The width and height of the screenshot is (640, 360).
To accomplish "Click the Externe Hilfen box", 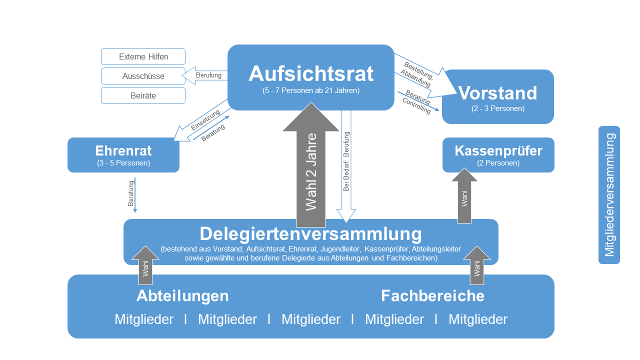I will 143,56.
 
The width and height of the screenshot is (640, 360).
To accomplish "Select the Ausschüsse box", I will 143,76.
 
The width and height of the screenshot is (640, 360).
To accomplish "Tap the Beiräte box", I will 143,95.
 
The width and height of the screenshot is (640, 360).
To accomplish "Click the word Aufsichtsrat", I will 310,73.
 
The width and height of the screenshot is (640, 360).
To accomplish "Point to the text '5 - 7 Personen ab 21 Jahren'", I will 310,91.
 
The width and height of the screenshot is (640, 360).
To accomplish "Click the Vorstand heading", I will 497,93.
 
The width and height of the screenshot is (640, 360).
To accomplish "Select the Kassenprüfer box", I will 498,155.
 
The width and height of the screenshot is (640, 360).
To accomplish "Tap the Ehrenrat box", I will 123,155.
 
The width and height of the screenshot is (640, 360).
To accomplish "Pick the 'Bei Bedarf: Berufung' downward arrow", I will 346,165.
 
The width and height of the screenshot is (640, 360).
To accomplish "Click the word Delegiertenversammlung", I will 310,234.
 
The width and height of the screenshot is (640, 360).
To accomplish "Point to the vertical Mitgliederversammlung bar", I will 609,195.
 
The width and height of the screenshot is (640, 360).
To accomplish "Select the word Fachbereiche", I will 432,295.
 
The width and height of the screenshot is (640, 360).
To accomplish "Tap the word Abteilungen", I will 182,295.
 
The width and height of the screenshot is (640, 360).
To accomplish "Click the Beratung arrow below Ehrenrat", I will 135,195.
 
